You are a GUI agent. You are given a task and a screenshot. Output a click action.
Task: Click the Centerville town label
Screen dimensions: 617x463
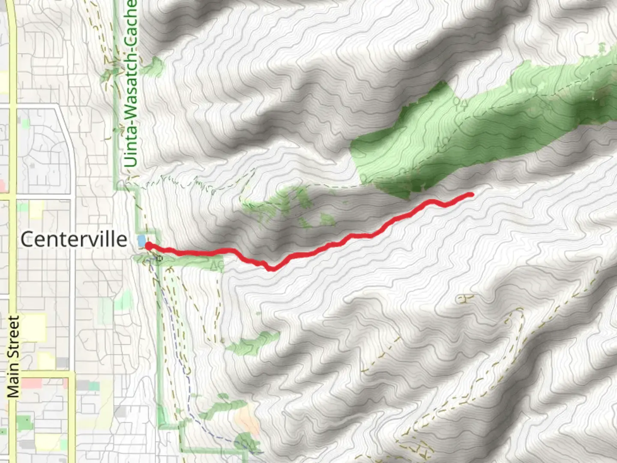pos(74,239)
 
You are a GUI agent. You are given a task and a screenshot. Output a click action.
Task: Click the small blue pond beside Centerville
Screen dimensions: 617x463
pos(141,241)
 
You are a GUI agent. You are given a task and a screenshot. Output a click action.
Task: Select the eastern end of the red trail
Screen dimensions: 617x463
pos(471,195)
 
